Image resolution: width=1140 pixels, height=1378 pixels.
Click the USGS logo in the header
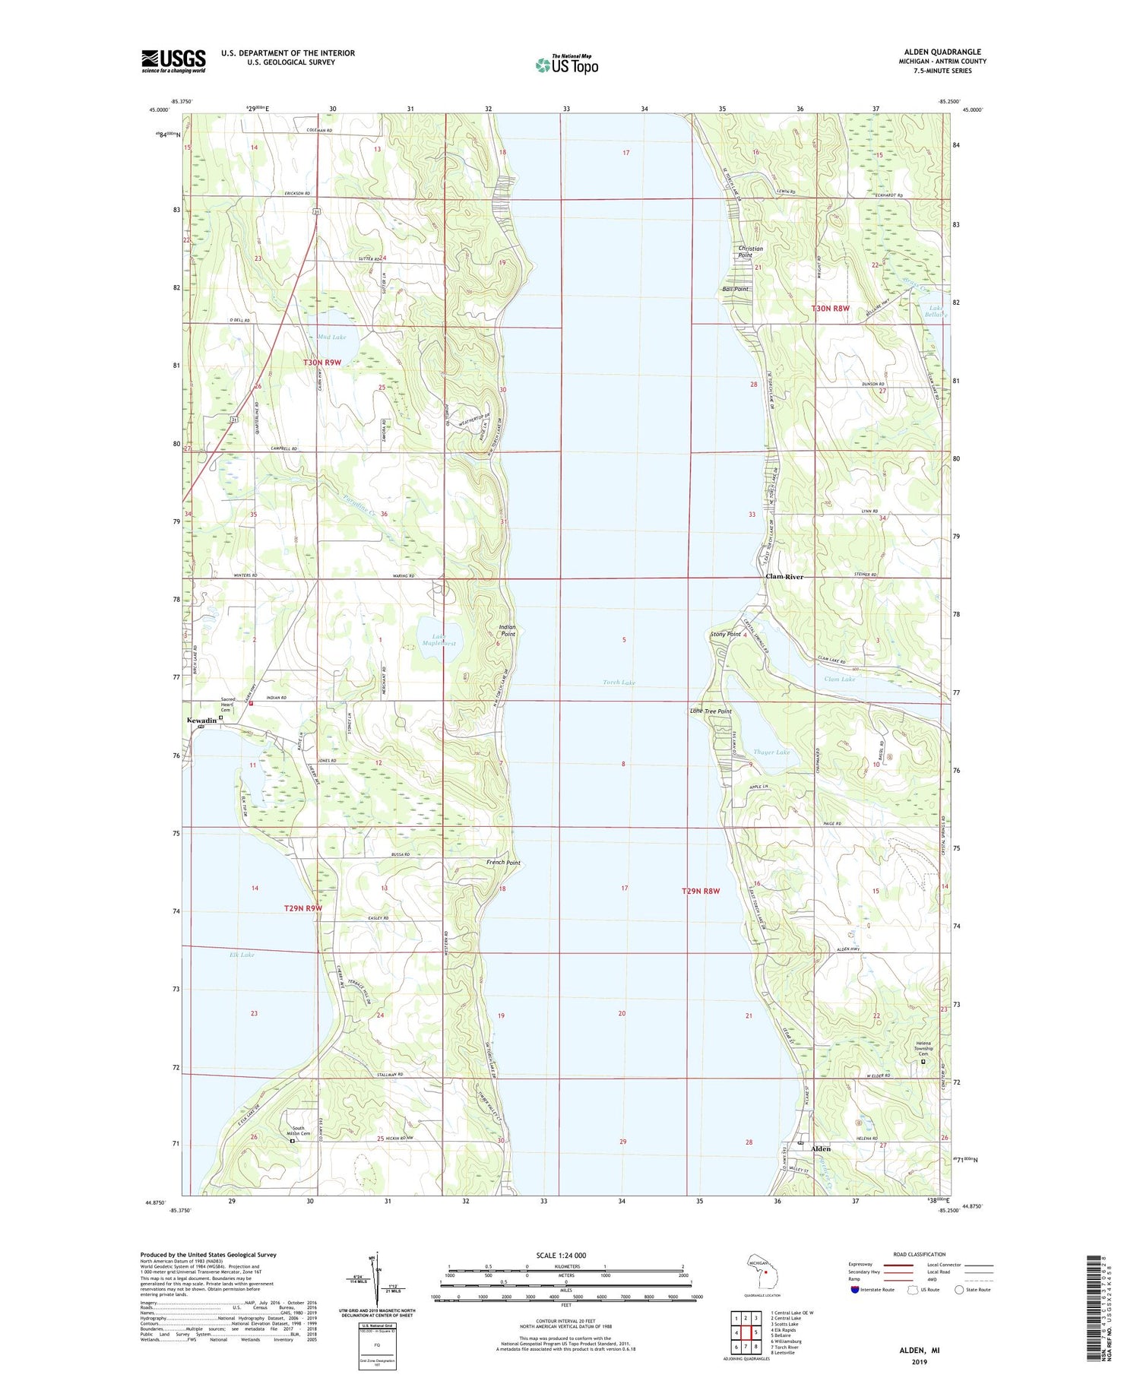coord(173,61)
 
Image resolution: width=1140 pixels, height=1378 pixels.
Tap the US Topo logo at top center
coord(566,65)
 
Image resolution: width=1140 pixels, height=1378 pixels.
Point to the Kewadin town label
coord(201,720)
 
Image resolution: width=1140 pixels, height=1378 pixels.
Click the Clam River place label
coord(784,577)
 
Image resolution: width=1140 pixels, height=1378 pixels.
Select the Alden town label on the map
coord(821,1148)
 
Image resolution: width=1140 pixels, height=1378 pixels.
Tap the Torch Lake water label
coord(619,683)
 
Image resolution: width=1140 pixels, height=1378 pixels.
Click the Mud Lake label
coord(332,337)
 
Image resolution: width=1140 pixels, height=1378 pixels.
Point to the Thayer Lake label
coord(771,752)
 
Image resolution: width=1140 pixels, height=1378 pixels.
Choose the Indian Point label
coord(507,630)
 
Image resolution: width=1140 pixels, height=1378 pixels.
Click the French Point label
coord(503,863)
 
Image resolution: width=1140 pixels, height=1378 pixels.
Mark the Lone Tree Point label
coord(711,711)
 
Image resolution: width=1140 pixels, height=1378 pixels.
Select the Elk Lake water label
coord(242,955)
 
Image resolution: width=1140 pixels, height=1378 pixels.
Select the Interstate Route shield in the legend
coord(855,1290)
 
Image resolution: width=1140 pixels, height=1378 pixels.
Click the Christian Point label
coord(750,252)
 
